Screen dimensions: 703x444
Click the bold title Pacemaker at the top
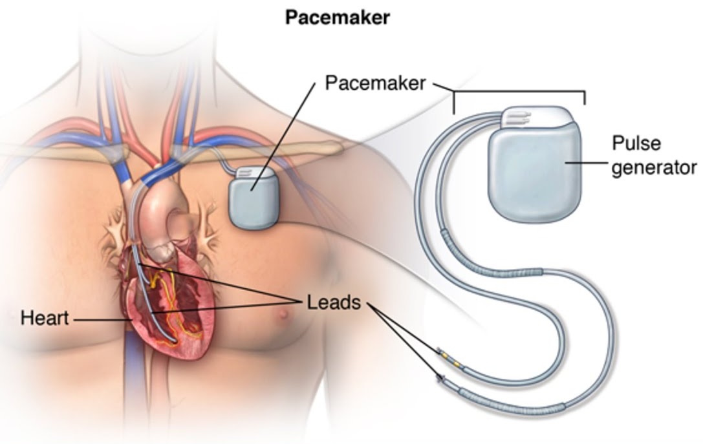(x=338, y=17)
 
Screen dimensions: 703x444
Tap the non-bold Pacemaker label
(x=375, y=83)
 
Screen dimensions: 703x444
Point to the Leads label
(x=334, y=302)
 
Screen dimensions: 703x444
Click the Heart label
(x=45, y=318)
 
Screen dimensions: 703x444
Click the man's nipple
(x=283, y=313)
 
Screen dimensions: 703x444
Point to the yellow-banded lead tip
(x=448, y=356)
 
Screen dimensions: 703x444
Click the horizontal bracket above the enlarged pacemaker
(x=519, y=96)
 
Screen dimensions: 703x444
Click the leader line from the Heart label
(x=103, y=320)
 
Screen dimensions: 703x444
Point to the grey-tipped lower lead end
(x=441, y=379)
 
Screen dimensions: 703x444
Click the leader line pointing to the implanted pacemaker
(x=283, y=136)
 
